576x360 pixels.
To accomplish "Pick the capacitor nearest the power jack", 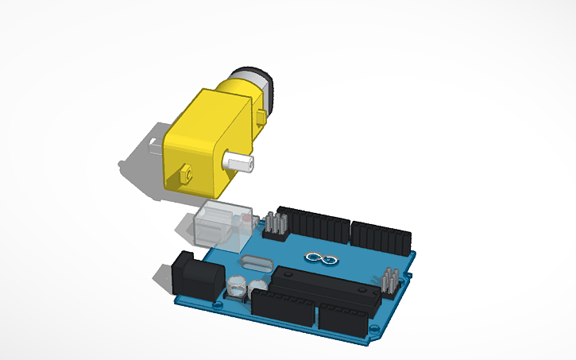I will click(x=238, y=285).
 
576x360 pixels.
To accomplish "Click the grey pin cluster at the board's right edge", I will click(x=389, y=282).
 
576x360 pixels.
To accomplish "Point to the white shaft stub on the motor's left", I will click(x=153, y=145).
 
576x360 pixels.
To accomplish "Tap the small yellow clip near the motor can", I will click(x=261, y=119).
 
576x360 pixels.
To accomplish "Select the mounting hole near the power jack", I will click(x=219, y=303).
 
